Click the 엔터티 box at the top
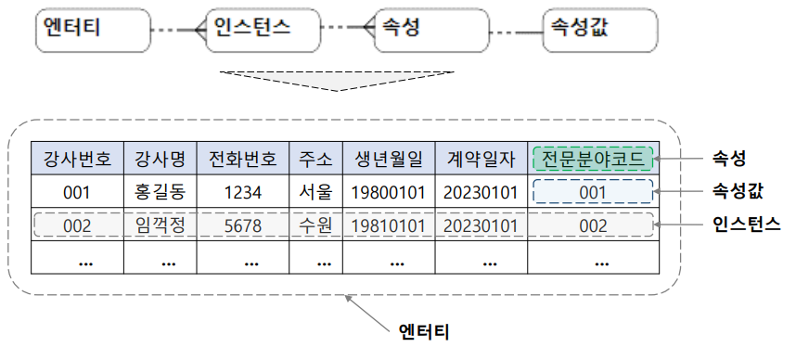click(x=93, y=30)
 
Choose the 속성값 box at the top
click(x=598, y=30)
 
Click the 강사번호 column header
click(x=77, y=159)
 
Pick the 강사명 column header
click(x=160, y=159)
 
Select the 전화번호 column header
click(x=242, y=159)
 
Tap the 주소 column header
click(x=315, y=159)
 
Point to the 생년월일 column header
click(x=388, y=159)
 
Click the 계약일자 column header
click(x=480, y=159)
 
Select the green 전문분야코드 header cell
click(x=593, y=159)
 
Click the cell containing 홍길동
click(x=160, y=193)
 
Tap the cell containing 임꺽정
click(x=160, y=225)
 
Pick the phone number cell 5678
click(x=242, y=225)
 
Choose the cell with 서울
click(x=315, y=193)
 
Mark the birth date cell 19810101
click(x=388, y=225)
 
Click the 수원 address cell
click(x=315, y=225)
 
